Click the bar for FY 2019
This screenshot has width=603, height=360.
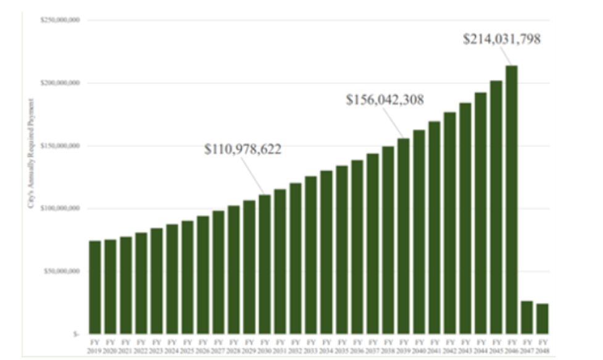pyautogui.click(x=95, y=287)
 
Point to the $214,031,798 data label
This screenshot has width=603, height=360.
pyautogui.click(x=502, y=40)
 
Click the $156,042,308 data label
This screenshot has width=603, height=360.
pyautogui.click(x=385, y=100)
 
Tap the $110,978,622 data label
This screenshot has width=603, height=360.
pyautogui.click(x=243, y=149)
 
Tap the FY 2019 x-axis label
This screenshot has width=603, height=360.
pyautogui.click(x=95, y=345)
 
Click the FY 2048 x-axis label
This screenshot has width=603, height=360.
pyautogui.click(x=542, y=345)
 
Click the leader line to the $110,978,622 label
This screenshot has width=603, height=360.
pyautogui.click(x=252, y=175)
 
